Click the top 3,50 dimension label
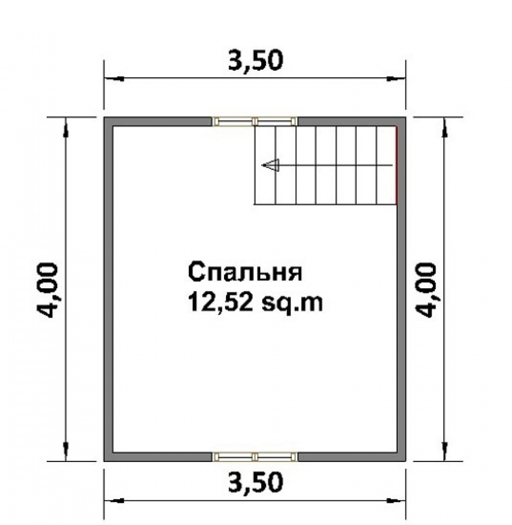255,61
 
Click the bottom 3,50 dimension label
255,482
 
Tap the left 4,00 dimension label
47,290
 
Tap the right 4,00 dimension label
426,290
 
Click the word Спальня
246,272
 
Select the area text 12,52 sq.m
255,302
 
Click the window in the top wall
255,121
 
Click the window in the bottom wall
255,457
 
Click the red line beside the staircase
396,165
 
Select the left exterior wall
108,289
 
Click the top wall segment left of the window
158,121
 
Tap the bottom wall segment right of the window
351,457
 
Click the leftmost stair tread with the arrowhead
265,165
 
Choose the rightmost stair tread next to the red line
387,165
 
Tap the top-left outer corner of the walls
104,117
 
